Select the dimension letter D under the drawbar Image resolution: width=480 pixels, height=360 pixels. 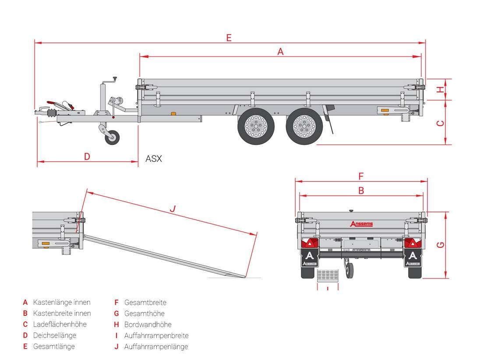[87, 156]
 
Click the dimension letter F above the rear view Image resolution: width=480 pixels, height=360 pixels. [361, 176]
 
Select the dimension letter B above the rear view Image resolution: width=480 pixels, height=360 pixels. [361, 191]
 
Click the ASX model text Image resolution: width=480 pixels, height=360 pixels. [153, 159]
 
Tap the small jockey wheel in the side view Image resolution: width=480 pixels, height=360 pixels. [112, 138]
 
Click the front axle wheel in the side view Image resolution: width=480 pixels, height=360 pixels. [256, 127]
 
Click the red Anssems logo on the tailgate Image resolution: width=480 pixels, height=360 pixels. [361, 224]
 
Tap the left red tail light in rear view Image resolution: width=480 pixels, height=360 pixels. [311, 243]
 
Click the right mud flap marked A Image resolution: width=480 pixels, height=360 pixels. [413, 258]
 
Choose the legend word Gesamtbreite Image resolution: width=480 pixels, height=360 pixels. [145, 302]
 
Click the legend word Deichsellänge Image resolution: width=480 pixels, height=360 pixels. [54, 335]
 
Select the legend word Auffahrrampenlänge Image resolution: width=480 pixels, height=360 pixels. [156, 346]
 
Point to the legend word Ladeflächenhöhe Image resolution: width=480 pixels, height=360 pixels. [60, 324]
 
